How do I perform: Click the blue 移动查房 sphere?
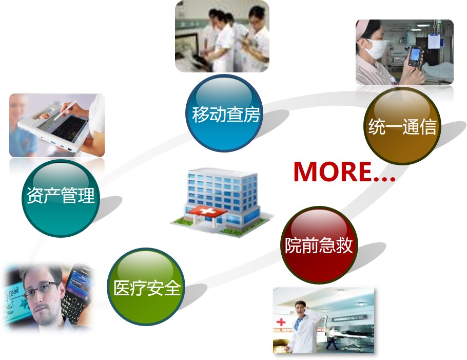tap(224, 113)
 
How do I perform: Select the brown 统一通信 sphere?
tap(402, 126)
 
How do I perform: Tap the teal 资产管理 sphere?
tap(61, 198)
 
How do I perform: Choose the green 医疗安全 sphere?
tap(146, 287)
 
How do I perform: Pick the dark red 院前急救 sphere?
tap(319, 245)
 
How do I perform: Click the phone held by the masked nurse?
tap(415, 56)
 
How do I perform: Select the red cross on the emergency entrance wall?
tap(281, 322)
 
